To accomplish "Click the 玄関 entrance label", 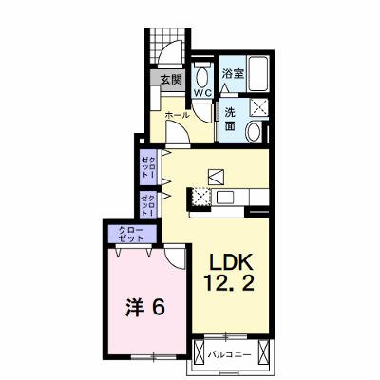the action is pos(171,80).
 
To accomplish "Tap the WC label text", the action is pos(202,93).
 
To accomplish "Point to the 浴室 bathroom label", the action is pos(233,73).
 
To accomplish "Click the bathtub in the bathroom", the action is pos(258,74).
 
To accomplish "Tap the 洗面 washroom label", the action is pos(230,119).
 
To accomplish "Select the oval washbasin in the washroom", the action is pos(254,132).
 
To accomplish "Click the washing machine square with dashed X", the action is pos(259,107).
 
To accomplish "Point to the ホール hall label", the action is pos(178,115).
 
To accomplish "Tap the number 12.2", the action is pos(229,282).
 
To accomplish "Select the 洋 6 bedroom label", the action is pos(145,307).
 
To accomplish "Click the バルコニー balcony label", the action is pos(230,355).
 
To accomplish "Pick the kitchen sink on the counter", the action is pos(225,198).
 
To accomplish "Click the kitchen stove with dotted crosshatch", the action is pos(201,197).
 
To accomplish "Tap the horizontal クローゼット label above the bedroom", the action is pos(131,234).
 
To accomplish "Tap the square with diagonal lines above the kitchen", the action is pos(216,177).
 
